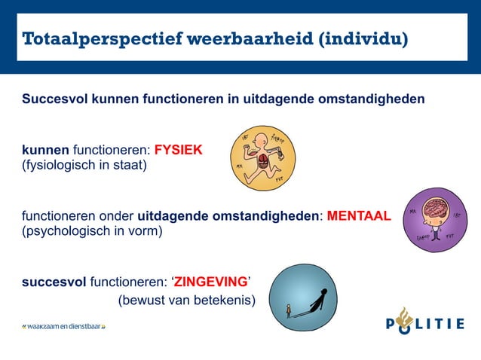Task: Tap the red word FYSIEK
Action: pyautogui.click(x=178, y=150)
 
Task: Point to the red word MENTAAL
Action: pyautogui.click(x=359, y=217)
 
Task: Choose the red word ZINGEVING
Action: pyautogui.click(x=210, y=282)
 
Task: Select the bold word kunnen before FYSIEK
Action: pyautogui.click(x=44, y=150)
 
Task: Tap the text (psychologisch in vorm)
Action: pyautogui.click(x=91, y=231)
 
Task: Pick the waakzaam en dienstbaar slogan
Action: pyautogui.click(x=63, y=327)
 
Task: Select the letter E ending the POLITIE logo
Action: pyautogui.click(x=459, y=325)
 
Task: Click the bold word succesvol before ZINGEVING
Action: pyautogui.click(x=54, y=282)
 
